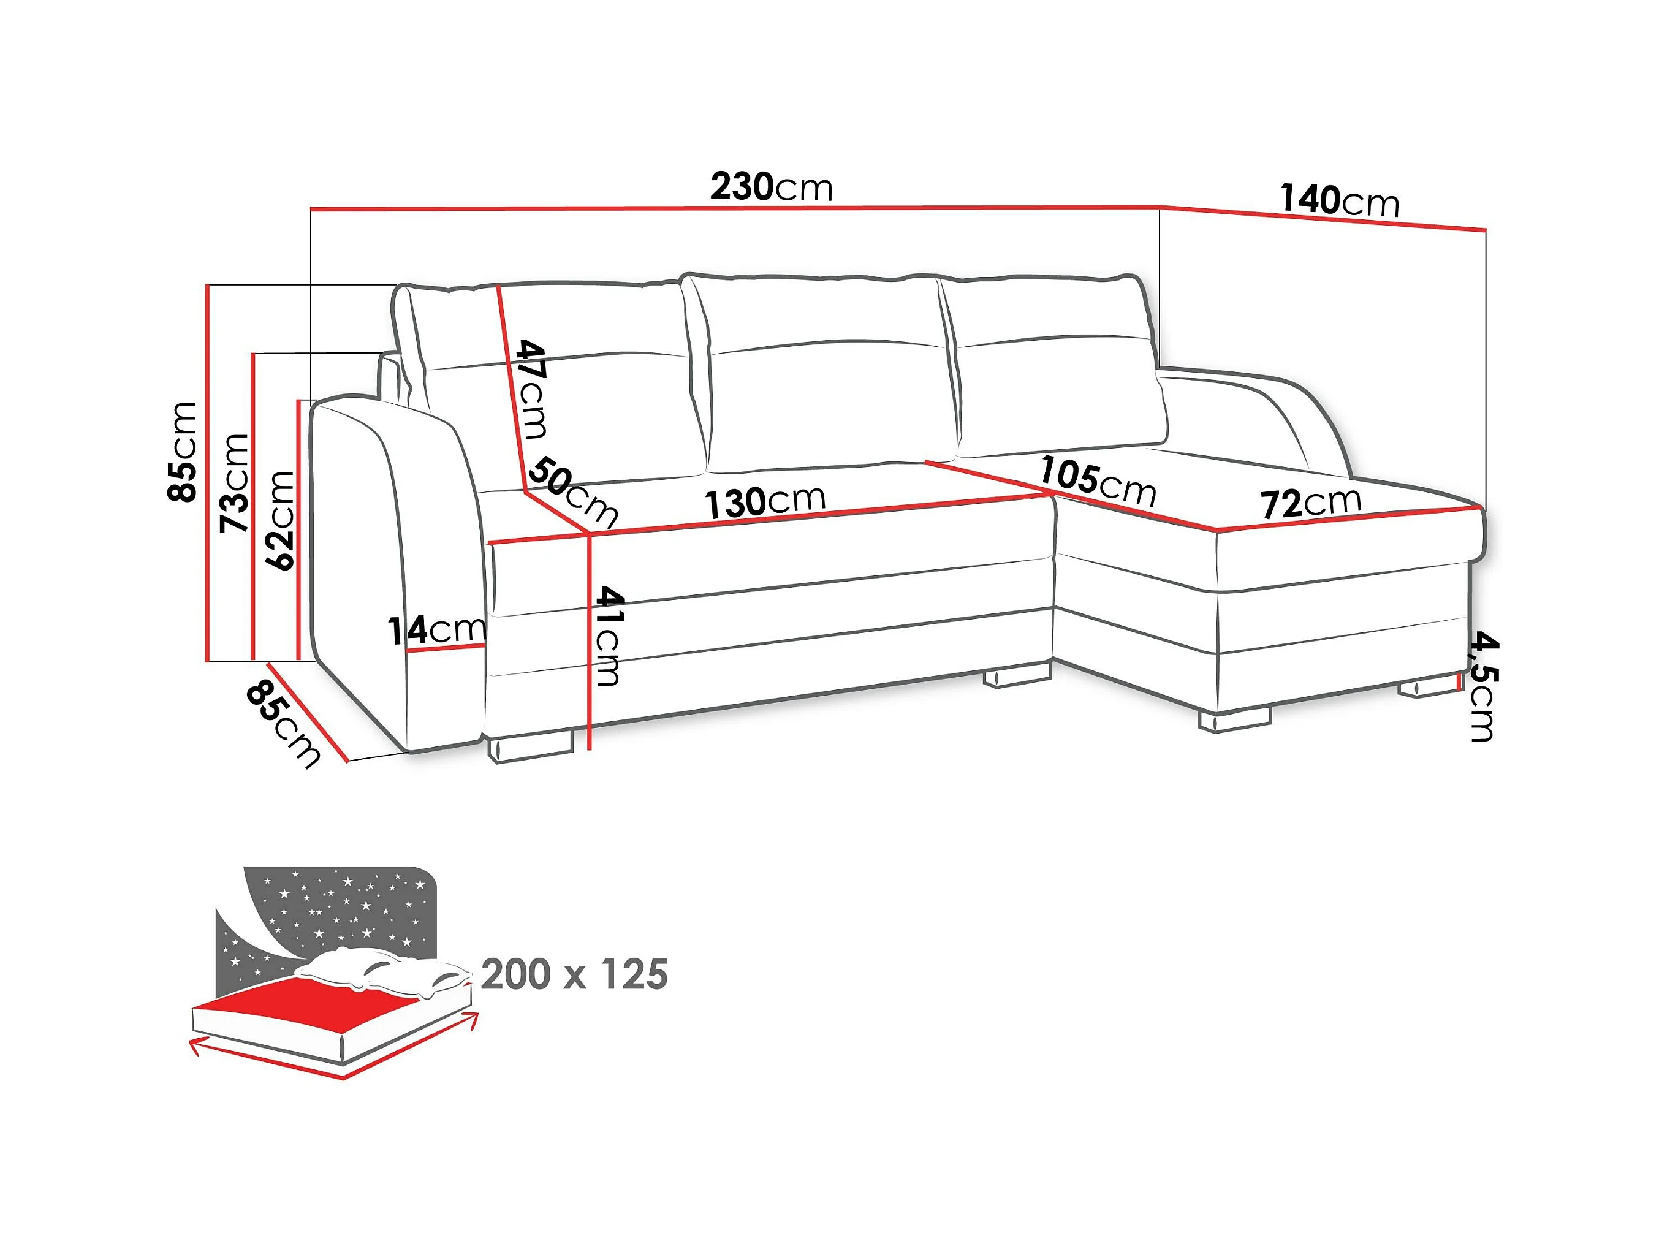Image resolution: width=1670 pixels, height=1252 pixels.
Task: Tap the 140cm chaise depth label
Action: click(1339, 201)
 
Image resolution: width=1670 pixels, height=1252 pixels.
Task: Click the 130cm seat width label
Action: click(765, 501)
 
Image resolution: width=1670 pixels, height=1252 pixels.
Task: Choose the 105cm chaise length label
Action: click(1098, 481)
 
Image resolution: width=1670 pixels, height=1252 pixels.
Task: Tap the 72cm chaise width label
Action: click(1311, 503)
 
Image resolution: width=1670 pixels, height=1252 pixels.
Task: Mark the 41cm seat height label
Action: click(608, 636)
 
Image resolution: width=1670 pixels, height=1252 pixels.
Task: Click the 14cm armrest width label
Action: click(437, 630)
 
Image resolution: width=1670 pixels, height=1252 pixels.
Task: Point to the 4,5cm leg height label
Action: click(1481, 687)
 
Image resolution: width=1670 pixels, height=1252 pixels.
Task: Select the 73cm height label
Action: click(235, 484)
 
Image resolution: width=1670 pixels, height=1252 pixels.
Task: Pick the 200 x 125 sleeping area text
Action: click(574, 975)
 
